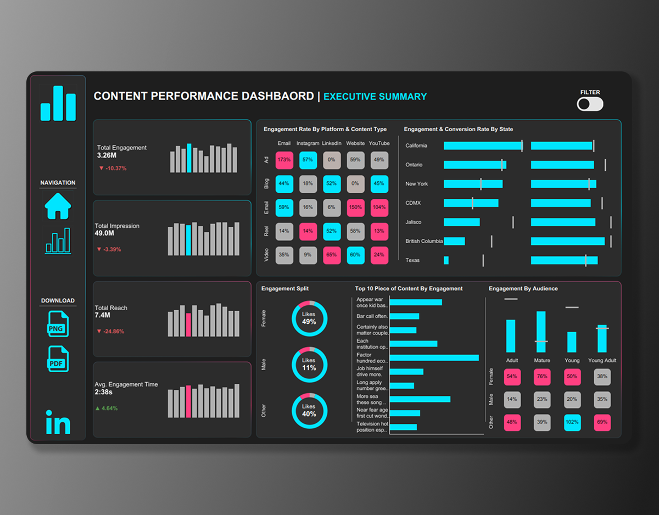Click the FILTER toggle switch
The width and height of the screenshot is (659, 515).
tap(590, 104)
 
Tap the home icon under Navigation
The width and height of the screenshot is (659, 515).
tap(58, 206)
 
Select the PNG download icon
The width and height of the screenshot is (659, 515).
tap(58, 324)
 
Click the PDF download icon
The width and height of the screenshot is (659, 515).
tap(58, 359)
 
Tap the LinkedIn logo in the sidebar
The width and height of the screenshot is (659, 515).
tap(58, 422)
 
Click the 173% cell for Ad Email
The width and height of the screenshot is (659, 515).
tap(284, 160)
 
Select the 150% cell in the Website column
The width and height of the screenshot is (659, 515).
tap(355, 208)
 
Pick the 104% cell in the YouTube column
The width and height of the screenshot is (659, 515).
tap(379, 208)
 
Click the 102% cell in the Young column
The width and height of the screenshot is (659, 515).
tap(572, 422)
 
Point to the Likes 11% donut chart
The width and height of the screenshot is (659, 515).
tap(309, 365)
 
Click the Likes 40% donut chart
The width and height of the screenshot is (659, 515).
tap(309, 411)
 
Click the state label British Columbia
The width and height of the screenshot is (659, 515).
tap(423, 241)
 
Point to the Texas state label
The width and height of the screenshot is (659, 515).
tap(412, 260)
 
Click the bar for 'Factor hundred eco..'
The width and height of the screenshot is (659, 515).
tap(434, 357)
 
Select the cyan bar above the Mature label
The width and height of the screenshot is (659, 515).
tap(541, 332)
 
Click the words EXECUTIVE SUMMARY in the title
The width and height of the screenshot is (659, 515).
tap(375, 97)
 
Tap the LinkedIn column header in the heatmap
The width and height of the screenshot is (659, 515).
tap(331, 143)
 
